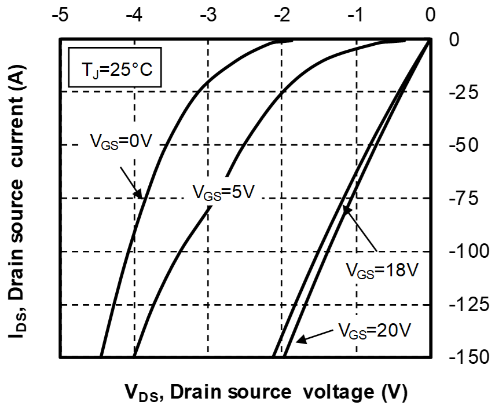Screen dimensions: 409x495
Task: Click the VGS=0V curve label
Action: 120,140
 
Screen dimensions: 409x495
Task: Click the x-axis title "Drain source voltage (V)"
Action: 266,392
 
